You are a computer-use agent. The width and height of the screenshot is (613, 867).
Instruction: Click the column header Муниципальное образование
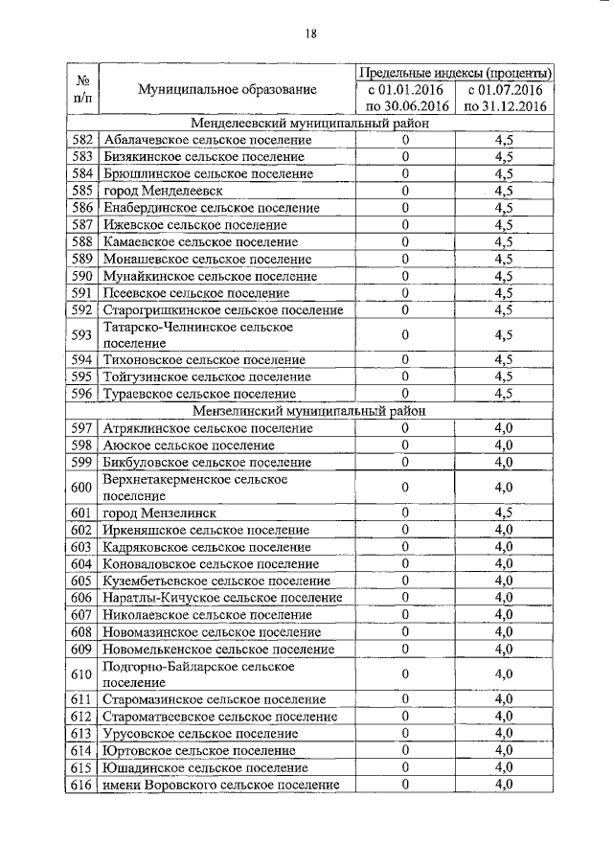pyautogui.click(x=226, y=89)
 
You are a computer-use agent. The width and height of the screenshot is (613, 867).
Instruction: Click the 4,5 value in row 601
pyautogui.click(x=504, y=513)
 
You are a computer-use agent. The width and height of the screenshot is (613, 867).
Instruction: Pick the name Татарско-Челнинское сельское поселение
pyautogui.click(x=197, y=334)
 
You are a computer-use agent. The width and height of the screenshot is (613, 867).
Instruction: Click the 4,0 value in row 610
pyautogui.click(x=504, y=673)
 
